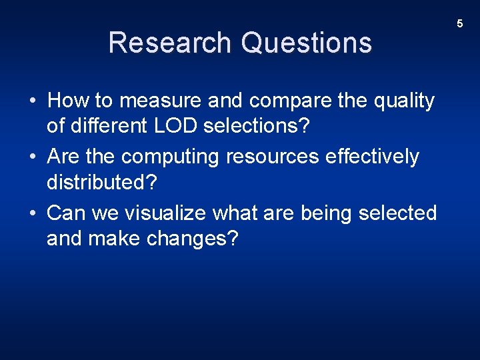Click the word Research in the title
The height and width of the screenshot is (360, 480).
point(171,43)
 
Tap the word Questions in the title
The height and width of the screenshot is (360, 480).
point(307,43)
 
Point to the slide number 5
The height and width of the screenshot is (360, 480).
point(459,24)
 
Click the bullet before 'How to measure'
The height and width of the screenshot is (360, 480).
point(32,101)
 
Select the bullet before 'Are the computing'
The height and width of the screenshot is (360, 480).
point(32,157)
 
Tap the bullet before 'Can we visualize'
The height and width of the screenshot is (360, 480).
point(32,213)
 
